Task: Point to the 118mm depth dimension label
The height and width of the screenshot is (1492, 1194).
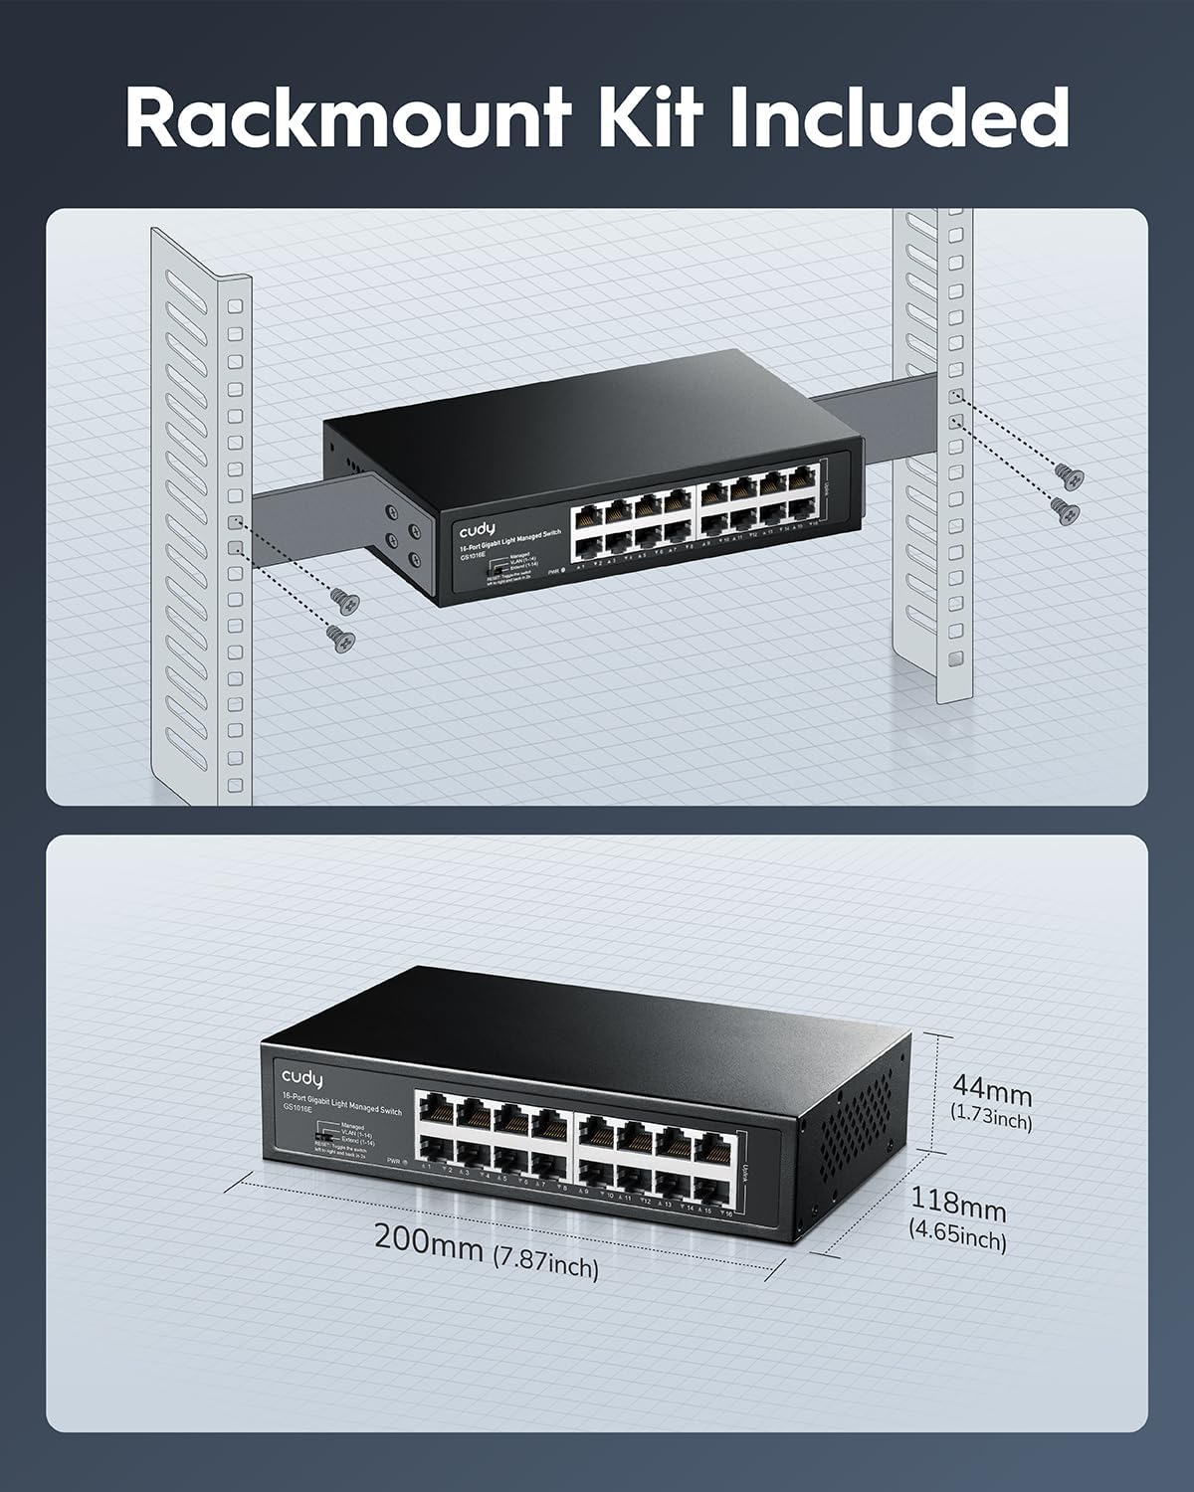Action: coord(959,1208)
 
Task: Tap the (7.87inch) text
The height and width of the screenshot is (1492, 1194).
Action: coord(546,1265)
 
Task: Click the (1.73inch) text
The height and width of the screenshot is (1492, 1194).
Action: coord(991,1121)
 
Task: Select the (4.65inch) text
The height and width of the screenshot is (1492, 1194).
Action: coord(958,1239)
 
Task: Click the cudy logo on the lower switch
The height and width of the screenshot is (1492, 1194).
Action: coord(301,1075)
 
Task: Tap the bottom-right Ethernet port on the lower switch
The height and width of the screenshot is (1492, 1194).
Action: coord(707,1188)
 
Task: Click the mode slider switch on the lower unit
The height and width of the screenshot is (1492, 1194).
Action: coord(321,1134)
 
